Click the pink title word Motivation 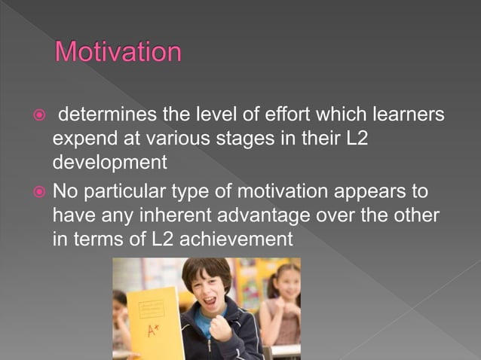pyautogui.click(x=118, y=53)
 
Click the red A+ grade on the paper pyautogui.click(x=153, y=331)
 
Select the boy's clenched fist pyautogui.click(x=221, y=330)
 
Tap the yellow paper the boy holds pyautogui.click(x=155, y=320)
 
